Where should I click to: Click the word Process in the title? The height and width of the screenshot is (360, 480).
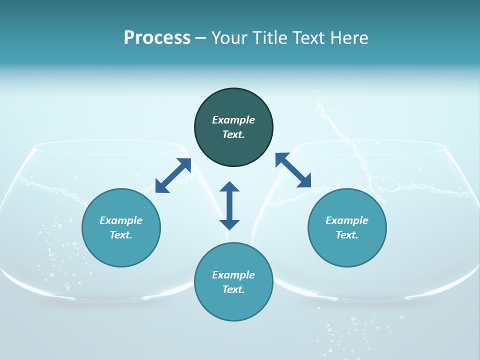(157, 38)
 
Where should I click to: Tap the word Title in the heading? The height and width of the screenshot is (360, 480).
(271, 38)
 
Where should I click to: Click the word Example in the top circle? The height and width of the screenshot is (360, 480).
(233, 120)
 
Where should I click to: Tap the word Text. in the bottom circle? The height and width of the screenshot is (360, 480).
(233, 289)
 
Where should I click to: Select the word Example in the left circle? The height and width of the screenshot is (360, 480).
(121, 220)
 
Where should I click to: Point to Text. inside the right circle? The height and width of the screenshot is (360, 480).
(347, 235)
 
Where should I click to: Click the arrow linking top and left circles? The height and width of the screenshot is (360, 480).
(173, 175)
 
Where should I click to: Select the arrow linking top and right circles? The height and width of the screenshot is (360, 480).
(293, 170)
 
